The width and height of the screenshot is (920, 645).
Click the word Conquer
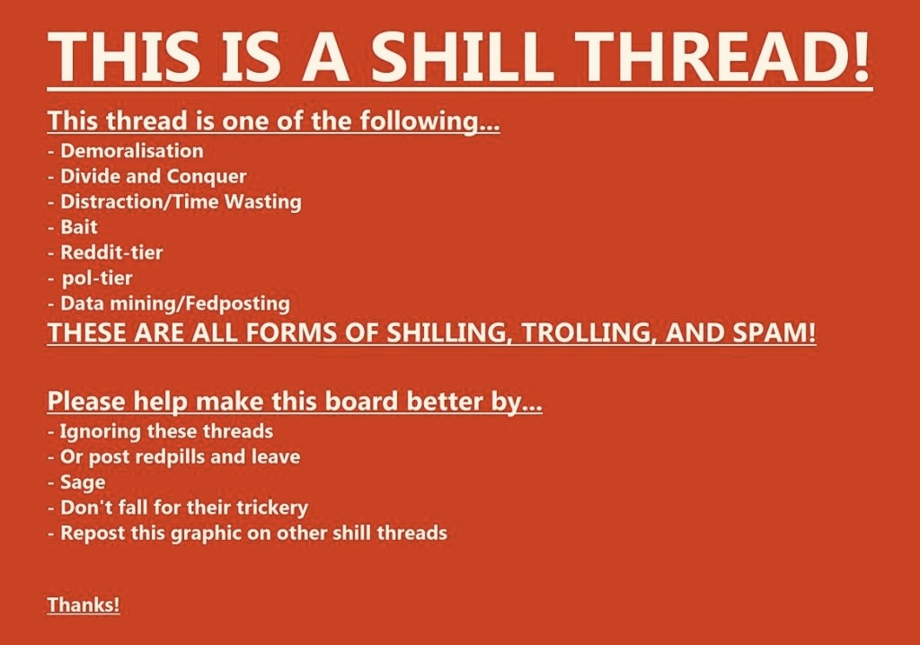click(x=207, y=177)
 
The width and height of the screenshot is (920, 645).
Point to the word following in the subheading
click(x=429, y=121)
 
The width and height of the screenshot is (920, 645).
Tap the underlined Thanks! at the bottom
click(x=84, y=605)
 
